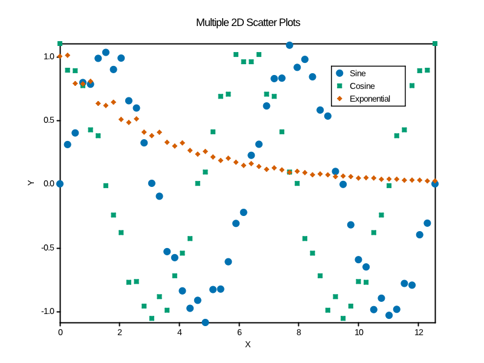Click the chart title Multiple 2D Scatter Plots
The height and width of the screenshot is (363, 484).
[x=248, y=23]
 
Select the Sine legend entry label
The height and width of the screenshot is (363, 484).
[x=358, y=73]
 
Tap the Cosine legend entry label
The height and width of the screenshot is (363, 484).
[x=362, y=86]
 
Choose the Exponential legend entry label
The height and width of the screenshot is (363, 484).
[x=370, y=99]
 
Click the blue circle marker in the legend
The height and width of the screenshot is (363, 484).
[x=339, y=73]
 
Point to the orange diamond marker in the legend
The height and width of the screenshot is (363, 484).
[x=339, y=99]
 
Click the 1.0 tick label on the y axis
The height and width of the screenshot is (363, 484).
[x=48, y=56]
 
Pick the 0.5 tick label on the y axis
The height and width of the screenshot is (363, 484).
[x=48, y=120]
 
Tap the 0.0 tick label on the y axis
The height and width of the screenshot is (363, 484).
[x=48, y=184]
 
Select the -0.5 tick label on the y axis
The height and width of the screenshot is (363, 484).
[x=47, y=248]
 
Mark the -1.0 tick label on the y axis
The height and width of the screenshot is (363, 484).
[x=47, y=312]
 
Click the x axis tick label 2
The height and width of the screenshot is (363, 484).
[x=120, y=332]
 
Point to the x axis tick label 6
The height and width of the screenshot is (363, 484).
[x=239, y=332]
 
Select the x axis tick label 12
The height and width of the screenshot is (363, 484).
[x=419, y=332]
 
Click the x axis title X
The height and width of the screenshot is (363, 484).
[x=247, y=344]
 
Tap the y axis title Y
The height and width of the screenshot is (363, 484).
[x=30, y=183]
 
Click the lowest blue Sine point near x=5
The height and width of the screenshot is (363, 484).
[x=205, y=322]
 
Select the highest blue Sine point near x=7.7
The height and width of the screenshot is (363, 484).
[x=289, y=45]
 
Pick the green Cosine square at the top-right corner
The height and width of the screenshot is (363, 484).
[x=435, y=44]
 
